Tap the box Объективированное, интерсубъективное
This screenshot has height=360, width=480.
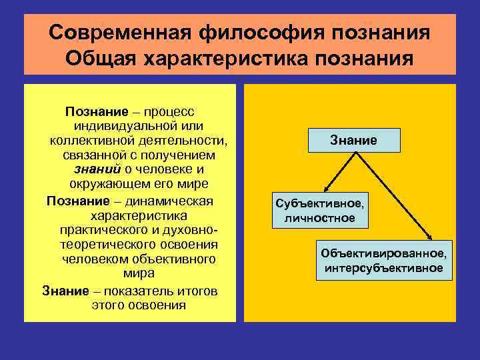383,261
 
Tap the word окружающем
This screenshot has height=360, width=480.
107,183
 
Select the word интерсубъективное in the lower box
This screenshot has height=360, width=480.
383,268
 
